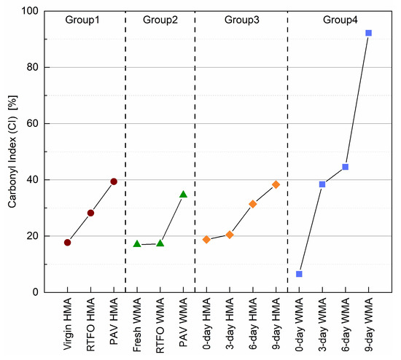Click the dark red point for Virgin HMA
click(x=67, y=243)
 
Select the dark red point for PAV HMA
click(x=114, y=181)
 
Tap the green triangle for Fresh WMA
click(x=136, y=243)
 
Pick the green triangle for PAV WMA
click(x=183, y=195)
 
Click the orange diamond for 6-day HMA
click(x=252, y=204)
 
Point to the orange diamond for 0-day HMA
click(x=206, y=239)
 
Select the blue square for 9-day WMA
click(x=368, y=33)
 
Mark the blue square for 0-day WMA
click(x=299, y=274)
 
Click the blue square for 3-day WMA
click(x=322, y=184)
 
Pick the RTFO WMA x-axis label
click(x=160, y=324)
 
